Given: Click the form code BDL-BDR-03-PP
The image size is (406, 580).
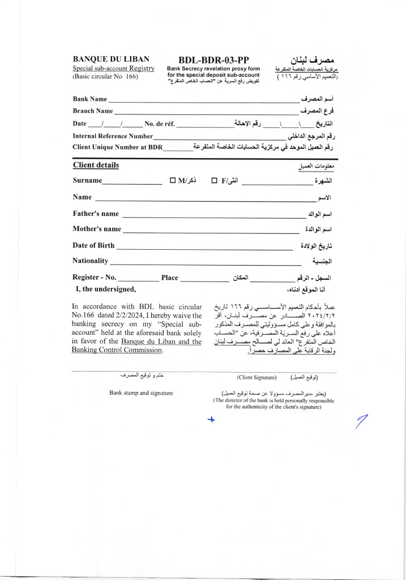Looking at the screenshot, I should (214, 60).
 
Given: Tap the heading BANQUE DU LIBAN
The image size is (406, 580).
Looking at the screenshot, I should (111, 59).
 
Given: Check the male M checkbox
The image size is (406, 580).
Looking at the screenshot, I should (173, 181).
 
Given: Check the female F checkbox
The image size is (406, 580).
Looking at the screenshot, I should (215, 181).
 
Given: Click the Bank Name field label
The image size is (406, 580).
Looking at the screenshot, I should (89, 99).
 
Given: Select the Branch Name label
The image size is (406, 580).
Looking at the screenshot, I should (92, 111).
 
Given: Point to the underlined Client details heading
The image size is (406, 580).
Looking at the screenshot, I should (96, 165).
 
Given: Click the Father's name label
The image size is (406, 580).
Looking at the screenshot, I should (96, 214).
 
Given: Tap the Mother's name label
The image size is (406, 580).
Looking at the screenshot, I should (97, 229).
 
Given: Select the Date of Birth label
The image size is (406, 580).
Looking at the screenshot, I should (93, 245).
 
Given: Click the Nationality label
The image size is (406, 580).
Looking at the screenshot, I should (90, 261).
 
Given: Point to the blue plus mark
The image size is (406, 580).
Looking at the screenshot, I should (211, 420).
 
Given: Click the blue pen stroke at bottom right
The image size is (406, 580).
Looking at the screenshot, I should (361, 421).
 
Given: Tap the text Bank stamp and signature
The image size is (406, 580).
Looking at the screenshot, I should (141, 393).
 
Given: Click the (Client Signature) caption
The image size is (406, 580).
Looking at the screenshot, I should (257, 377).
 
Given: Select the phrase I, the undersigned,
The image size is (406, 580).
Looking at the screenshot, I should (106, 289).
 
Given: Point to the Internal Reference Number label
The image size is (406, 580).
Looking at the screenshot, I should (113, 136).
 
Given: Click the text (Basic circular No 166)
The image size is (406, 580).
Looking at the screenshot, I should (105, 76).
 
